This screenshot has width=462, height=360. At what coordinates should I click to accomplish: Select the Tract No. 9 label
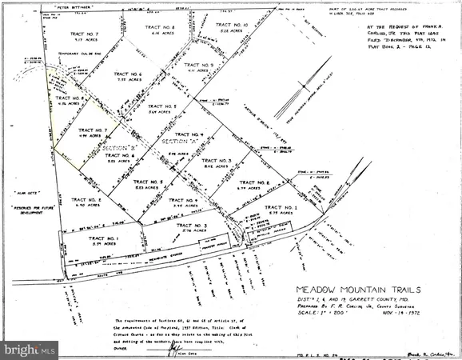(198, 65)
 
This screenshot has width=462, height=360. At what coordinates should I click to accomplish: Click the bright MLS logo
(30, 350)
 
